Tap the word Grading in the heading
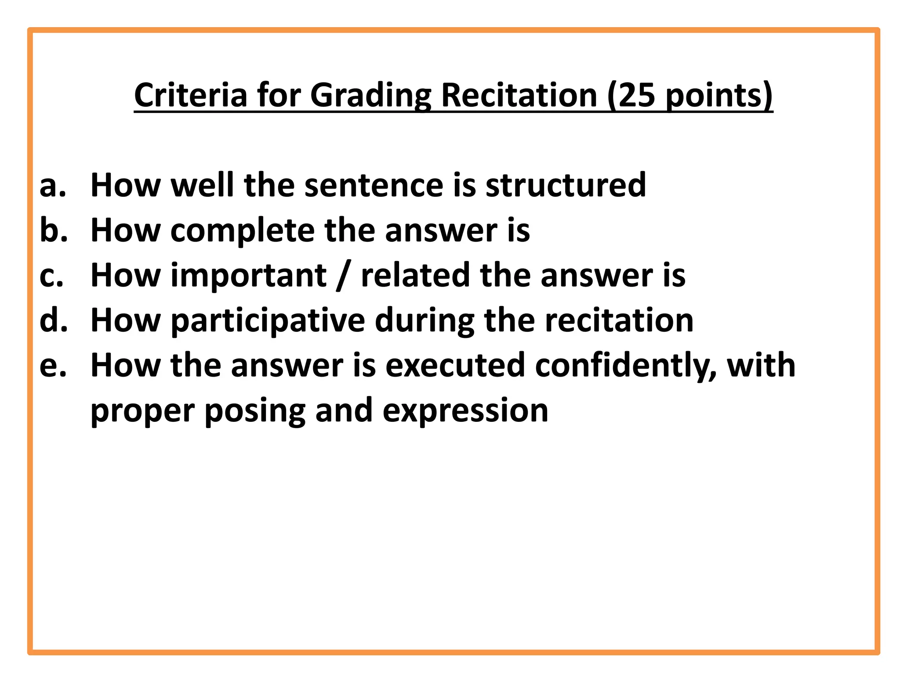coord(371,96)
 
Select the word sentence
coord(374,185)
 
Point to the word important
coord(248,276)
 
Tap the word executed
coord(455,366)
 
